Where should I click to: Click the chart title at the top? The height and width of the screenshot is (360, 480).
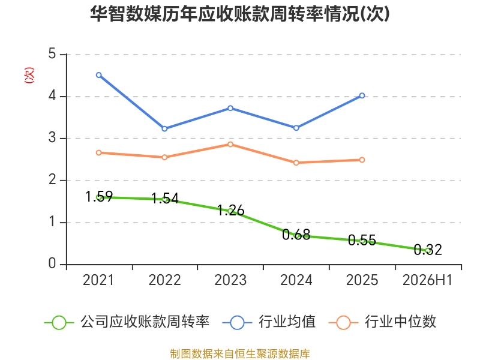(x=240, y=14)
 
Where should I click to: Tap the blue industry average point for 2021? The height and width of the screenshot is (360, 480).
(x=99, y=75)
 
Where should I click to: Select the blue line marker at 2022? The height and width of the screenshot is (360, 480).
(x=164, y=128)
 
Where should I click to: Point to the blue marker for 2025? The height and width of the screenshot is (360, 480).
(x=362, y=95)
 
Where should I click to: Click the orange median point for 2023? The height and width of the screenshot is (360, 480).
(x=230, y=144)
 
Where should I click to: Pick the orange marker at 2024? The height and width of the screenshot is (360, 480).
(x=296, y=163)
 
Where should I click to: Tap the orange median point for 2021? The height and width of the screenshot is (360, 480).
(x=99, y=152)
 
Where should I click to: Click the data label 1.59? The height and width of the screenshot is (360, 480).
(x=99, y=197)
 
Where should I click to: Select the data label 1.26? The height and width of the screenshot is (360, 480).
(x=231, y=211)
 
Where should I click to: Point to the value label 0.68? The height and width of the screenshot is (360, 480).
(x=296, y=235)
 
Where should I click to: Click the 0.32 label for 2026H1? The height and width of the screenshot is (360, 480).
(x=428, y=250)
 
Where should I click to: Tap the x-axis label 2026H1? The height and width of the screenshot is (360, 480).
(x=427, y=280)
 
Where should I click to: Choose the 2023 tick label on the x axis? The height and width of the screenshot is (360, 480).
(x=230, y=280)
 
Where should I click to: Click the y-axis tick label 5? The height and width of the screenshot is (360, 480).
(x=52, y=54)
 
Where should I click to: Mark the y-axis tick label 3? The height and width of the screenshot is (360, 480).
(x=52, y=138)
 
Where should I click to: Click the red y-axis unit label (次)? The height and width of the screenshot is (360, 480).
(x=29, y=75)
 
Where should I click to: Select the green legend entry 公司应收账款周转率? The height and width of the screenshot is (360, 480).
(x=127, y=322)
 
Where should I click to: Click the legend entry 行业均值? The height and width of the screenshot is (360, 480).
(x=269, y=322)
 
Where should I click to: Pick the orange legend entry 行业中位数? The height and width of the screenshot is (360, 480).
(x=382, y=322)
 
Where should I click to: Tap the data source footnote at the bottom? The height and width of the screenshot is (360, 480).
(x=240, y=353)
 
